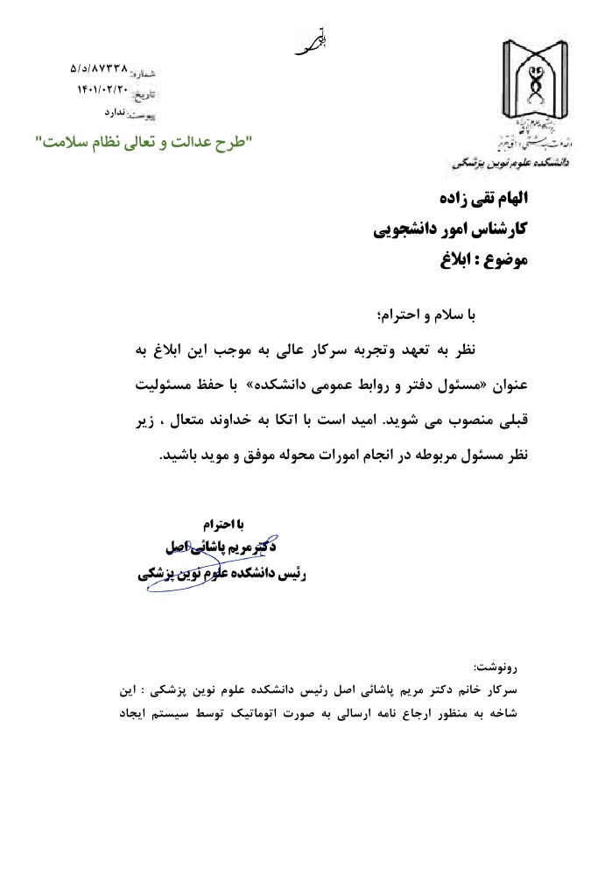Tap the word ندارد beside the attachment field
(116, 112)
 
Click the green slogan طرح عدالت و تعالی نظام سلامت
(142, 141)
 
